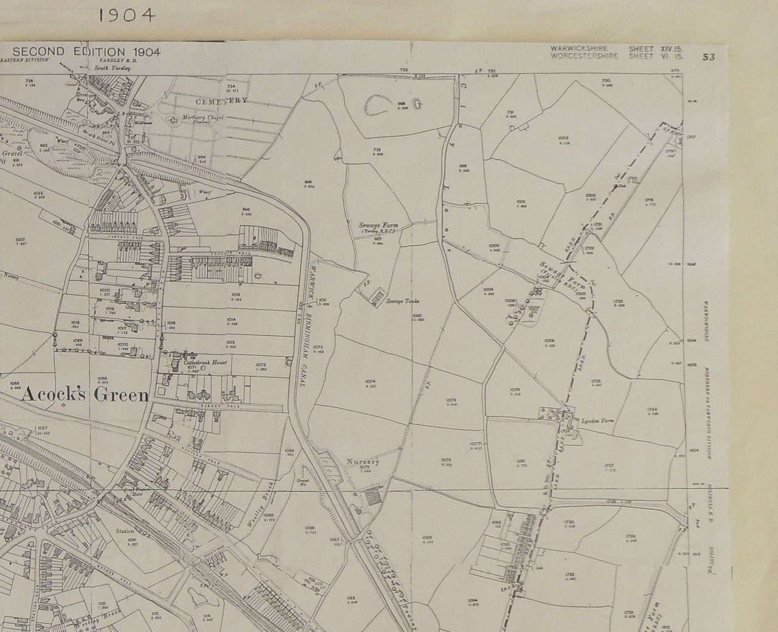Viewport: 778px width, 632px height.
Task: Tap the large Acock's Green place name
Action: coord(85,395)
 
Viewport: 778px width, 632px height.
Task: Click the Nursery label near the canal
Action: coord(363,462)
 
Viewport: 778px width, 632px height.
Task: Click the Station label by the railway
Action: coord(125,531)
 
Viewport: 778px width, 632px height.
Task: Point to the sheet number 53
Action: coord(708,57)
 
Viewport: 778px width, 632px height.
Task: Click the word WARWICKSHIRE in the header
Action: coord(577,48)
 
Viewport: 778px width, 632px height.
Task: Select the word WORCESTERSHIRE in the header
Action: coord(583,56)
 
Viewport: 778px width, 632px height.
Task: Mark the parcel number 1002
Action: coord(563,139)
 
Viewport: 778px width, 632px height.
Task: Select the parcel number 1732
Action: coord(570,575)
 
